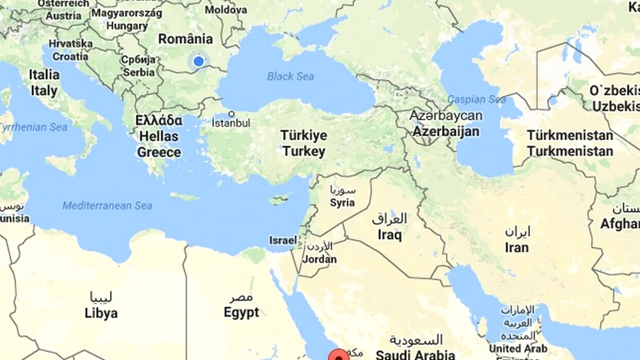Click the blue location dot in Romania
(x=198, y=61)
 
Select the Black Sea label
(x=290, y=76)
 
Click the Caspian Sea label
(x=476, y=99)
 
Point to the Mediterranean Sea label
(x=107, y=205)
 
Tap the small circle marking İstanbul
(x=231, y=114)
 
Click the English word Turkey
(x=303, y=151)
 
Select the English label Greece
(x=159, y=152)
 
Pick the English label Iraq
(x=389, y=234)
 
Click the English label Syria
(x=342, y=202)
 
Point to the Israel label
(x=283, y=240)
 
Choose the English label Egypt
(x=241, y=313)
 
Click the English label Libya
(x=101, y=313)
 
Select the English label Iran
(x=516, y=247)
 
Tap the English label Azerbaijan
(x=445, y=131)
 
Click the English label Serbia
(x=139, y=72)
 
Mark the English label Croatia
(x=70, y=56)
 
